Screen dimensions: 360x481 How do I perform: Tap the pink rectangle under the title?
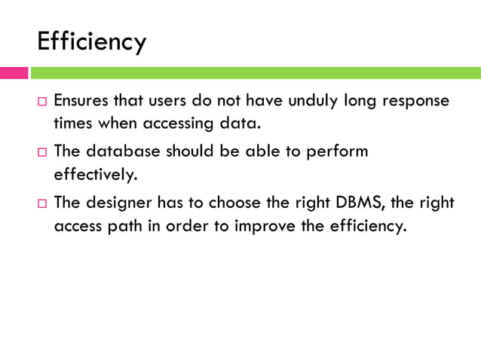[14, 73]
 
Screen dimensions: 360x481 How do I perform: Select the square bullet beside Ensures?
[41, 101]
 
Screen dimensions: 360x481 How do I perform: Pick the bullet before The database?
[41, 151]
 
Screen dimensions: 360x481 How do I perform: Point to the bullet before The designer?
[41, 202]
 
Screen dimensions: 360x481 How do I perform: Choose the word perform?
[336, 151]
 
